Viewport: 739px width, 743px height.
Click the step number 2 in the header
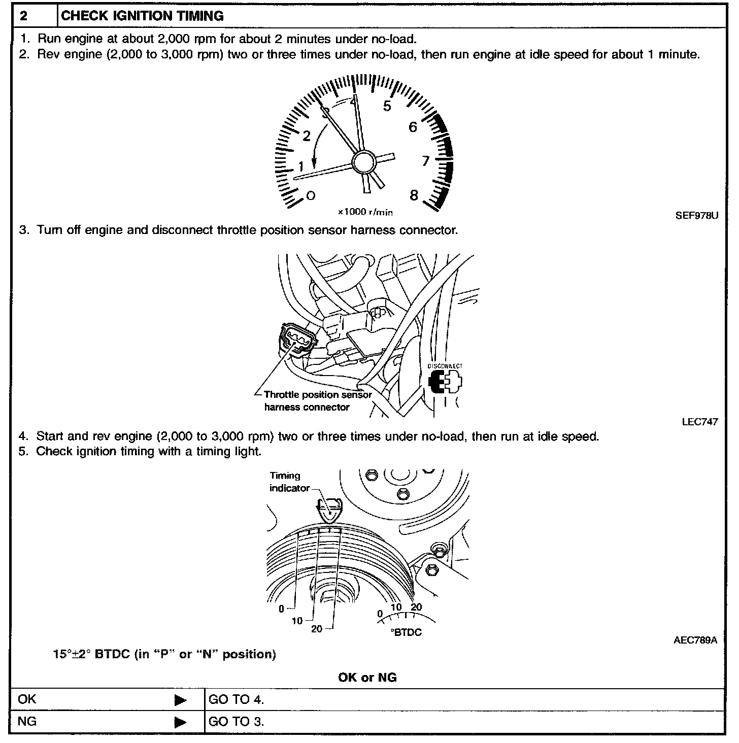24,16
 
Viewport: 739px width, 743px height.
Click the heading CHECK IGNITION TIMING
142,16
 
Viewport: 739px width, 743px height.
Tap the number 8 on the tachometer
414,195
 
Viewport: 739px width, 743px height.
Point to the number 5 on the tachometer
387,106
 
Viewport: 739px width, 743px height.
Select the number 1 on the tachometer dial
301,166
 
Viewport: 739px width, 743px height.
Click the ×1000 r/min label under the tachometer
365,212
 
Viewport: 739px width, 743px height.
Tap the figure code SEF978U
697,215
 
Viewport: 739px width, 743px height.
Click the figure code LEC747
700,422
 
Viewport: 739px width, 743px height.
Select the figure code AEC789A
695,640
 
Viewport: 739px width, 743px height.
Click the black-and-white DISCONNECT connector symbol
445,382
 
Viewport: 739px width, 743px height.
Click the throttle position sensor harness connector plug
292,340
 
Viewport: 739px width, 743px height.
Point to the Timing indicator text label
289,482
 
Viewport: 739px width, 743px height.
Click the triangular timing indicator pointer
329,510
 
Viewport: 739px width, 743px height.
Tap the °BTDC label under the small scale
406,633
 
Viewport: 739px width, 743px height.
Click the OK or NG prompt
367,678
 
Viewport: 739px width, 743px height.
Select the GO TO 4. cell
236,700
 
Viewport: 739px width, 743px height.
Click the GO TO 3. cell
236,722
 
